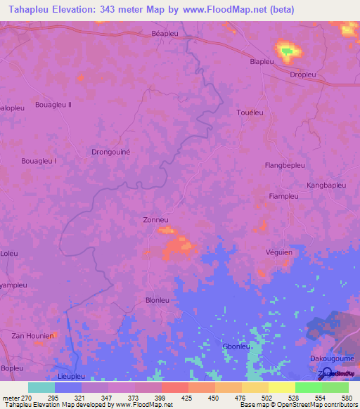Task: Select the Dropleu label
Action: [x=303, y=74]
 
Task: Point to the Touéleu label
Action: [x=250, y=112]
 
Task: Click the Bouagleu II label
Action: [x=53, y=105]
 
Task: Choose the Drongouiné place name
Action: [x=112, y=151]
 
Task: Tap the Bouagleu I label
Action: [x=39, y=161]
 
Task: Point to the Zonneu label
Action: [x=155, y=220]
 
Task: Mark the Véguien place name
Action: [x=280, y=252]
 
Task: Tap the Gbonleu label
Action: [x=236, y=346]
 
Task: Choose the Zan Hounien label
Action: [x=32, y=336]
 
